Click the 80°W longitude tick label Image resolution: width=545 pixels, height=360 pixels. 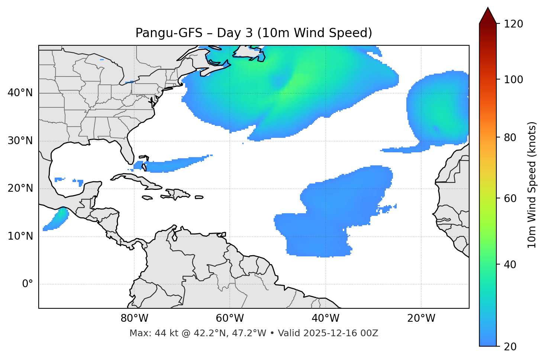(134, 318)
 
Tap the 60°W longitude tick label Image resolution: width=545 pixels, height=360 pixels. (230, 318)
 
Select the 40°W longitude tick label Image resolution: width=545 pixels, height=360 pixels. (325, 318)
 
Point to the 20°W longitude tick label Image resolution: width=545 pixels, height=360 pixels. (421, 318)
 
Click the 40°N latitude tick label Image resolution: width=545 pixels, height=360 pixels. (20, 93)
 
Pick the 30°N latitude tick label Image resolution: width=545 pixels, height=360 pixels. (20, 141)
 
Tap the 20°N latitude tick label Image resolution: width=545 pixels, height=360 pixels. (20, 188)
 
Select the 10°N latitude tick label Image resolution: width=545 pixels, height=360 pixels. (20, 236)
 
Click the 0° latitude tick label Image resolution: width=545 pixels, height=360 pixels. (28, 284)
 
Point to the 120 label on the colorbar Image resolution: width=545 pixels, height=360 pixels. (513, 24)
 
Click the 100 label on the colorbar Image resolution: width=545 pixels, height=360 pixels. (513, 80)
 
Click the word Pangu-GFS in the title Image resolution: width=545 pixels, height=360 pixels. (169, 33)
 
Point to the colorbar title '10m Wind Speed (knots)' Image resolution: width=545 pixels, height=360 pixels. (532, 185)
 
